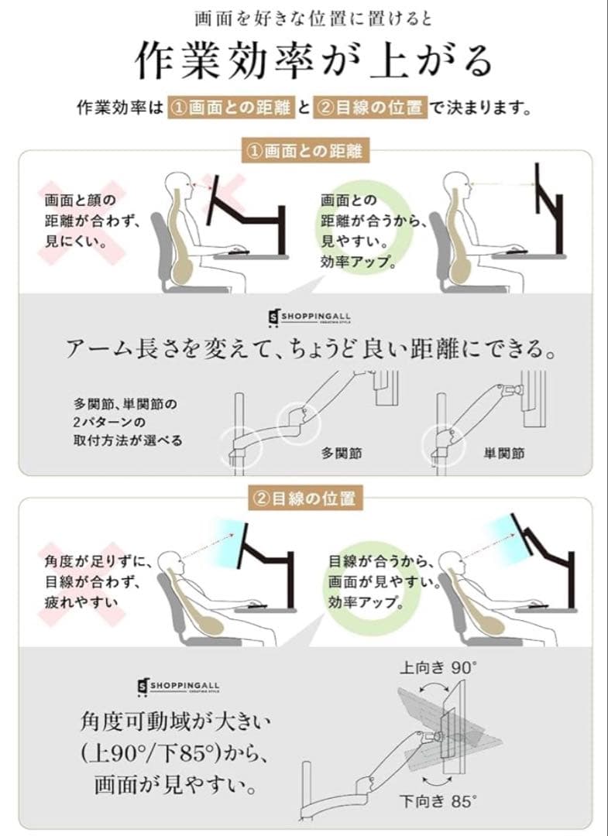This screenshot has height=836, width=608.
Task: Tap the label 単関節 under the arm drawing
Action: coord(503,454)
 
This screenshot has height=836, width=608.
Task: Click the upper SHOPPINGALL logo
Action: coord(304,317)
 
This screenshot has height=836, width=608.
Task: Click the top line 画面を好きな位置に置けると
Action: coord(304,16)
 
